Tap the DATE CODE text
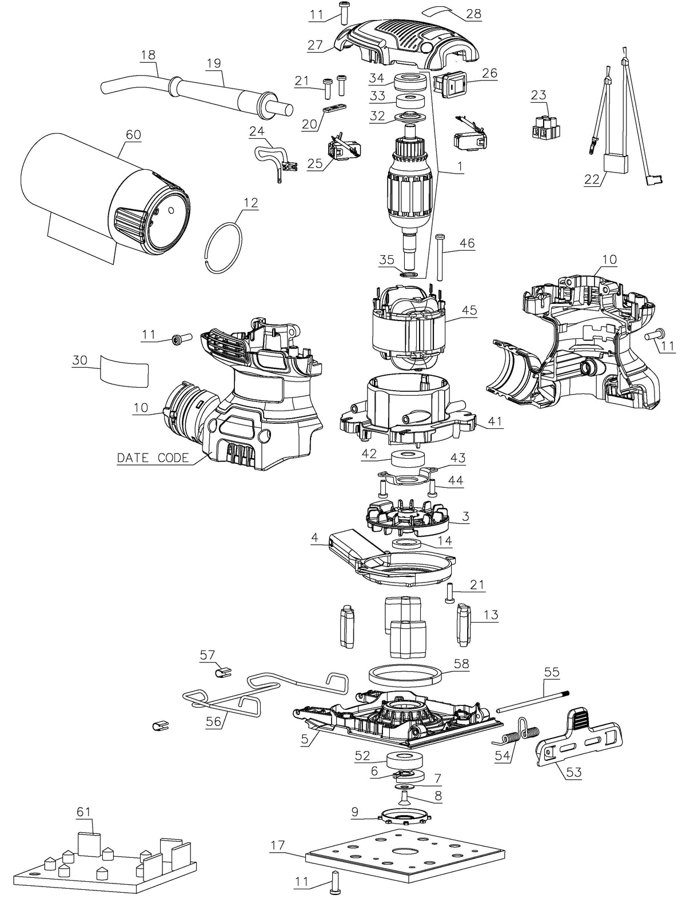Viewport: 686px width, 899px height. point(153,457)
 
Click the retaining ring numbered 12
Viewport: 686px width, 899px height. point(224,247)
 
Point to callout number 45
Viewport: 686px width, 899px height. point(470,310)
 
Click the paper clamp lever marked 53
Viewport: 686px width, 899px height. point(579,735)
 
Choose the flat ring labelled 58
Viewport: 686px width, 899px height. point(405,679)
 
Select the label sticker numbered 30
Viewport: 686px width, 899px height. point(124,370)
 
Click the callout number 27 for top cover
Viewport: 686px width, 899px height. point(315,45)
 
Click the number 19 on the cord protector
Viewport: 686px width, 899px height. point(214,63)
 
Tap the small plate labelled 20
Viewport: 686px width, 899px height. point(334,108)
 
